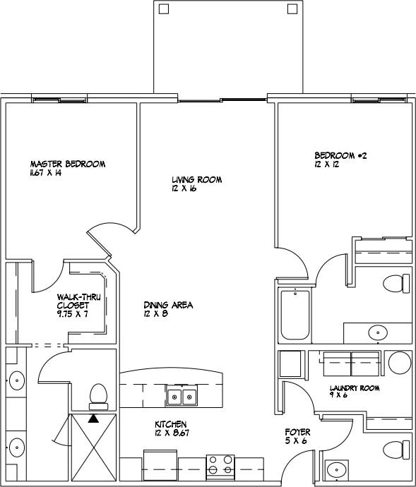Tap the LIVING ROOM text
click(196, 180)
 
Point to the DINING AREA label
click(167, 305)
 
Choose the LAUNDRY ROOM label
click(355, 388)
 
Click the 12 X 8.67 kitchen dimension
click(170, 433)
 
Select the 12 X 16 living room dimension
click(185, 189)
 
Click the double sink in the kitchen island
click(181, 397)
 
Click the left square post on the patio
click(164, 9)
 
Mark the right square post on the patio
click(292, 9)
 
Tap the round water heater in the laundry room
click(400, 363)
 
